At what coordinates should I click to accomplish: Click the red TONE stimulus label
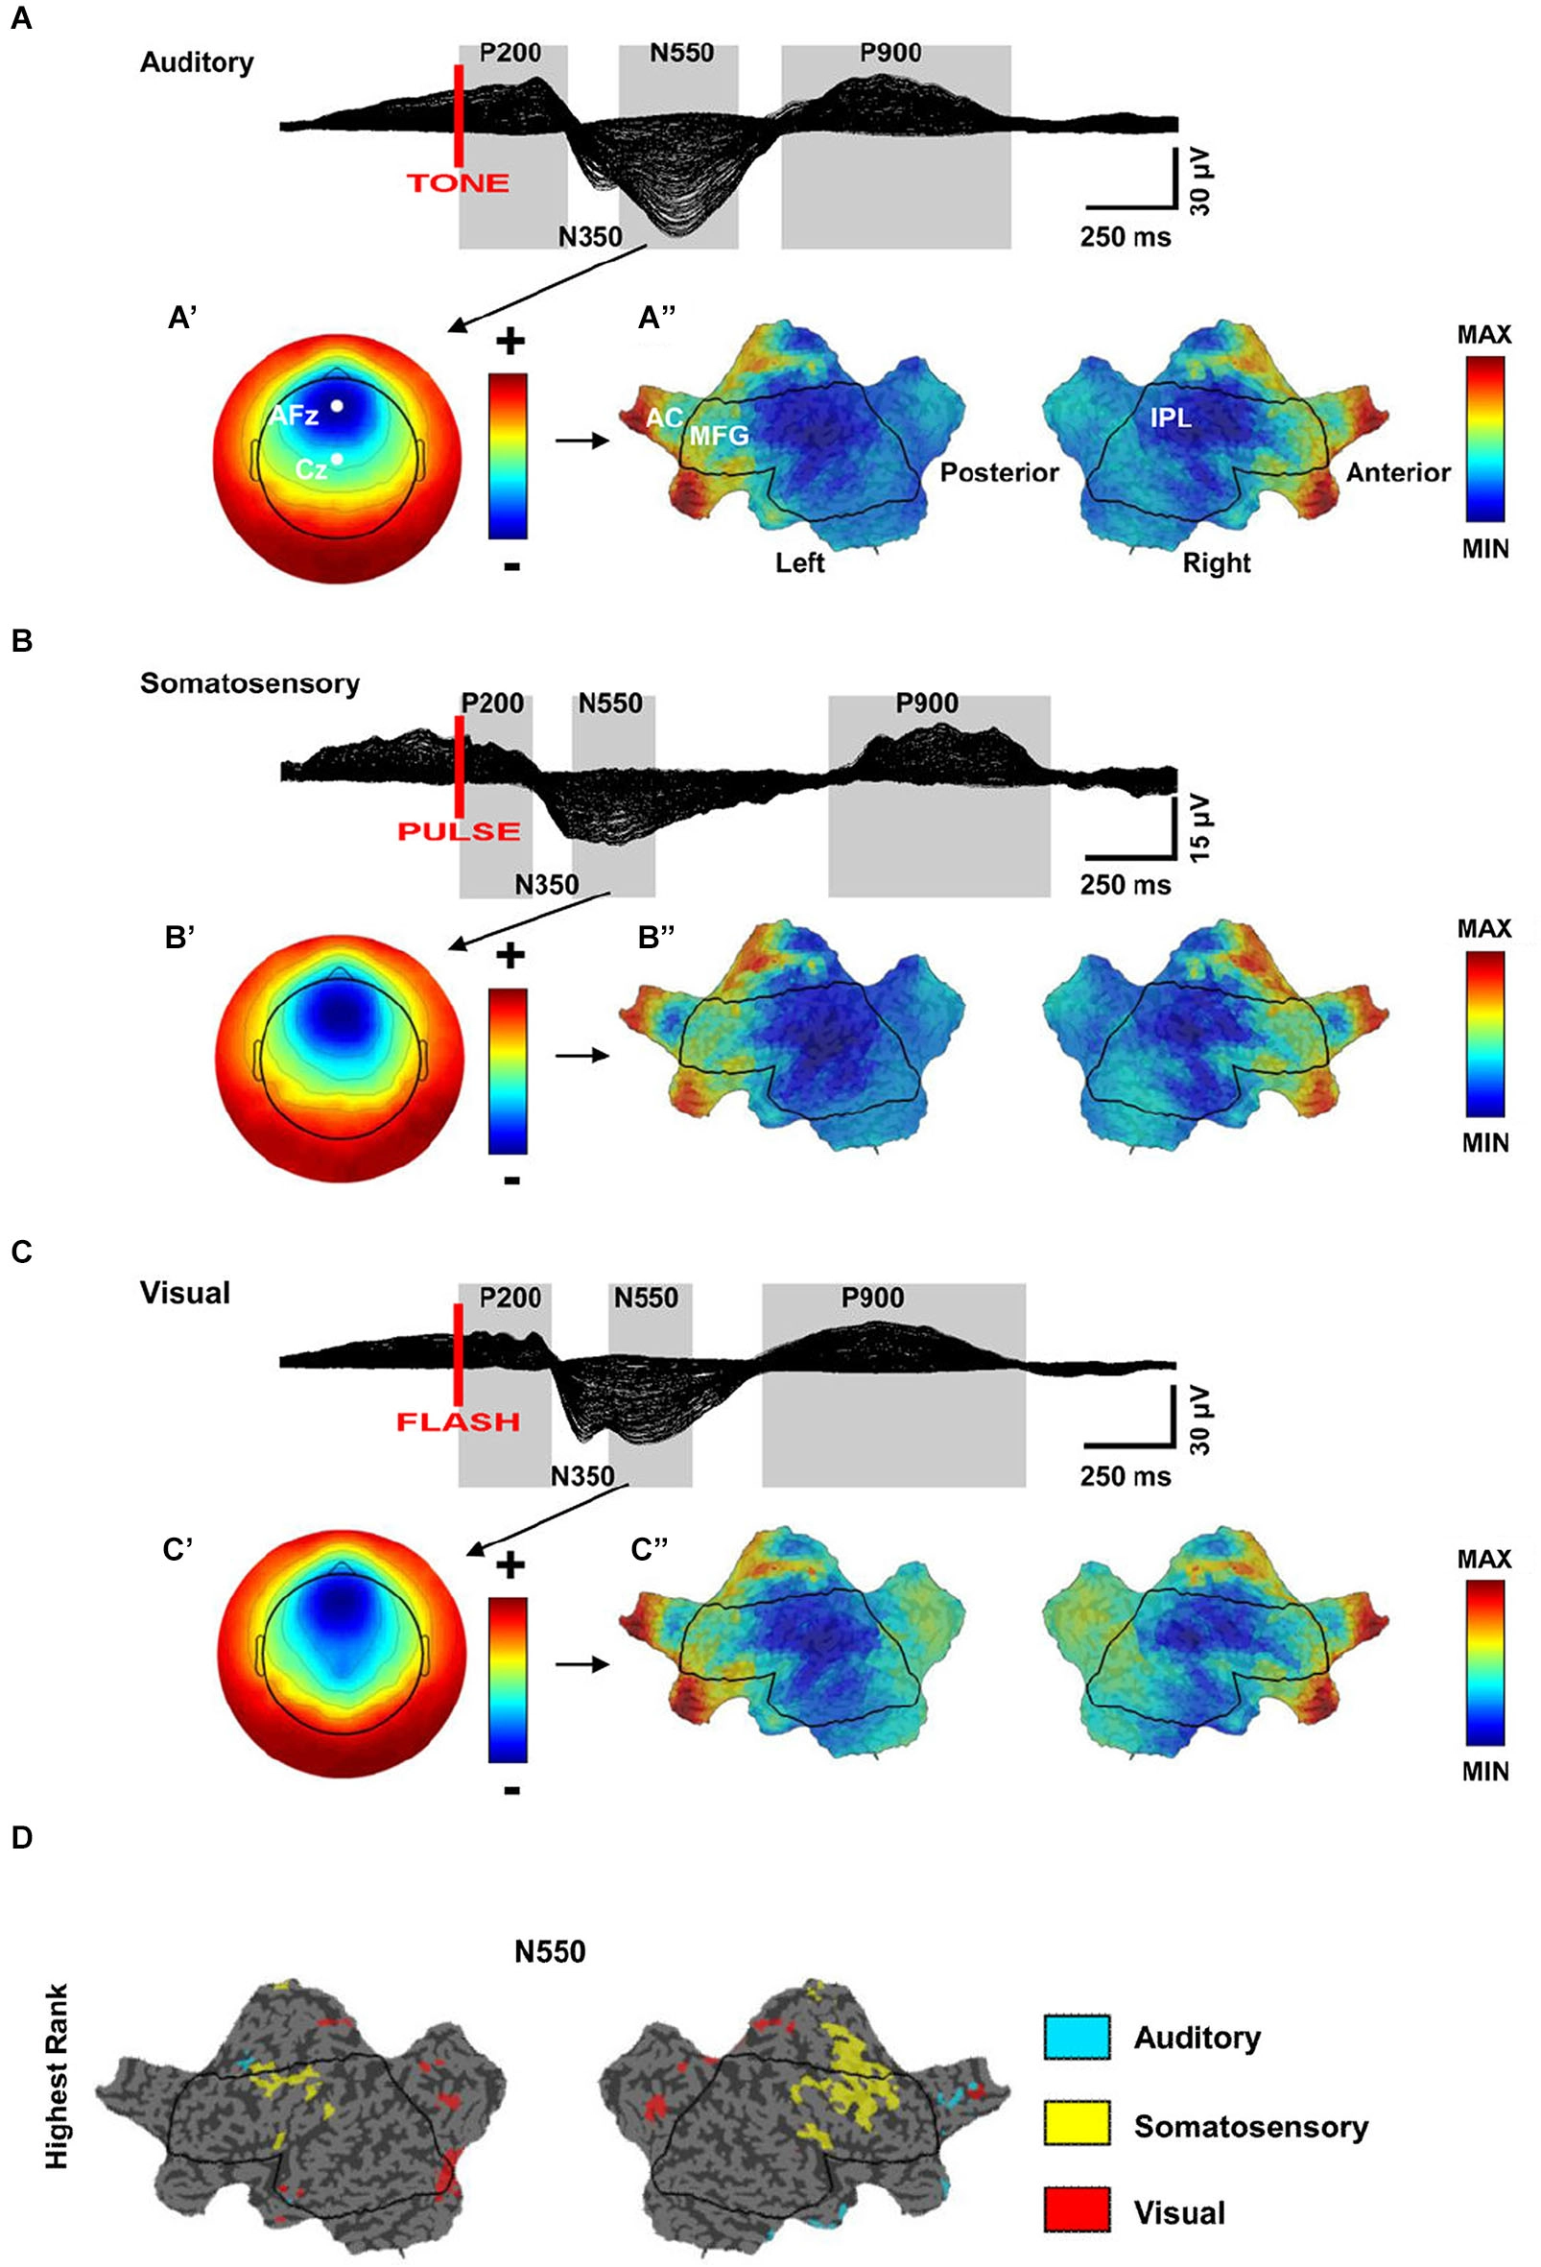458,182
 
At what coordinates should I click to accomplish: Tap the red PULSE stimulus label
459,831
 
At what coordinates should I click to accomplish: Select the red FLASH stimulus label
458,1421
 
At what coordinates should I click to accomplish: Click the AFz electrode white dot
337,405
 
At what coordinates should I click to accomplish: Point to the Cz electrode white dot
337,459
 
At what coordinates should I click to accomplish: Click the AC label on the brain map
664,418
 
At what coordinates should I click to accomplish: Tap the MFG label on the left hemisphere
719,435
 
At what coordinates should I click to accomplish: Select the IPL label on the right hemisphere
1171,418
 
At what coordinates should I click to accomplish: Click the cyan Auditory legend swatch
1076,2037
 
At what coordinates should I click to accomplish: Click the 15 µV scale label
1200,827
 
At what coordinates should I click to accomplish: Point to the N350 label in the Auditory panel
590,236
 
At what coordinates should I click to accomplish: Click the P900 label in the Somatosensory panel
927,704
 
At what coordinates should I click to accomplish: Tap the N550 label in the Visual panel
646,1298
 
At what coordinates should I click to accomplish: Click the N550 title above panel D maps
550,1951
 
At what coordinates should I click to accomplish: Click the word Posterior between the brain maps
999,472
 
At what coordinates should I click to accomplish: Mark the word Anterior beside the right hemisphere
1398,472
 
